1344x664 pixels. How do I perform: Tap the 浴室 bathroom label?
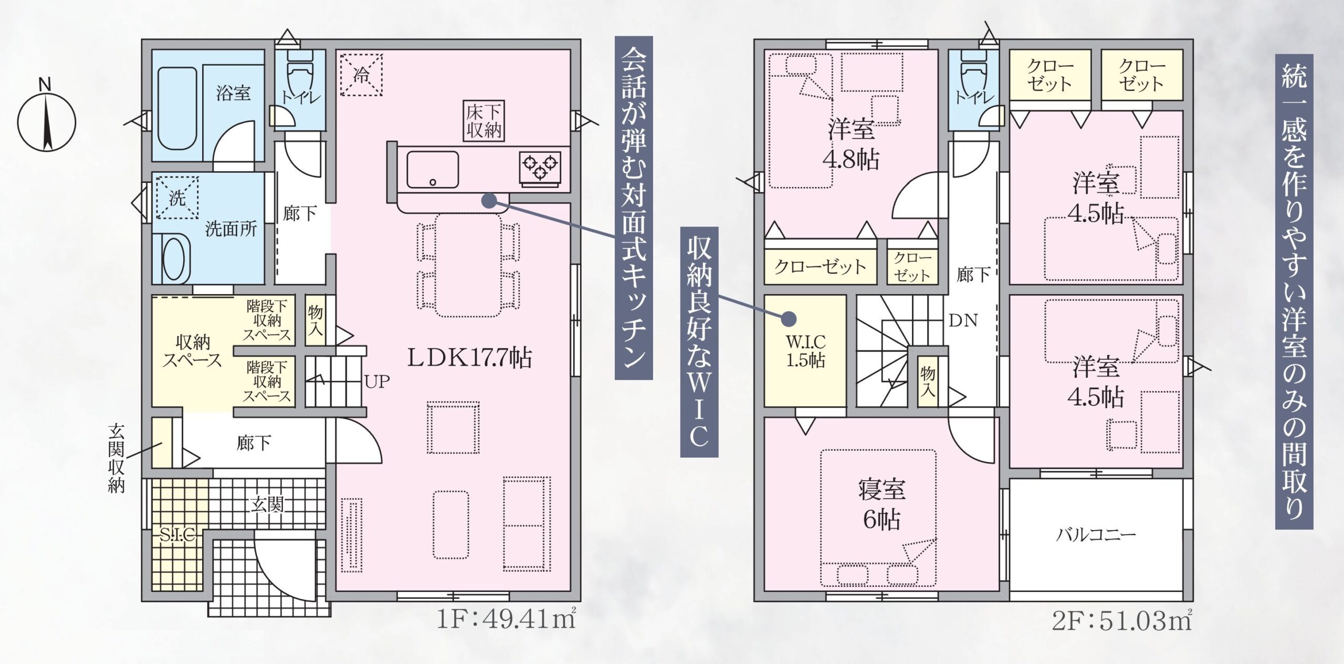pos(234,93)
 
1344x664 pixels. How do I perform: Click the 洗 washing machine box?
pos(177,198)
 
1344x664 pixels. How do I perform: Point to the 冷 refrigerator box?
pos(361,75)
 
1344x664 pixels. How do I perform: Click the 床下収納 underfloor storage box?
pos(484,121)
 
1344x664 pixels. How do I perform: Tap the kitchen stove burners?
pos(540,167)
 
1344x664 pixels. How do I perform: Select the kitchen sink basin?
pos(433,169)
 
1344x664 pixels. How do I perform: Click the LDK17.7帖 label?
pos(470,358)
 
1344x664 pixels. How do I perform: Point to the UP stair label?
pos(377,381)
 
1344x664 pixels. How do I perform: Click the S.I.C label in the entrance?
pos(178,535)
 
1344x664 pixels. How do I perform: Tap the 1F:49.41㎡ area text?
pos(507,621)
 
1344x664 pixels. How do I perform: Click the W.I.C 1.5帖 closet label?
pos(806,351)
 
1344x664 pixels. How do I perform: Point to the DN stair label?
pos(963,320)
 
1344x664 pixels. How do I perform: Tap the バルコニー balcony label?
pos(1096,535)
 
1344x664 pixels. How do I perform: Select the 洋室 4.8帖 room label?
pos(851,144)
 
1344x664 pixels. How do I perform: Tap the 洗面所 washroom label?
pos(231,229)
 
